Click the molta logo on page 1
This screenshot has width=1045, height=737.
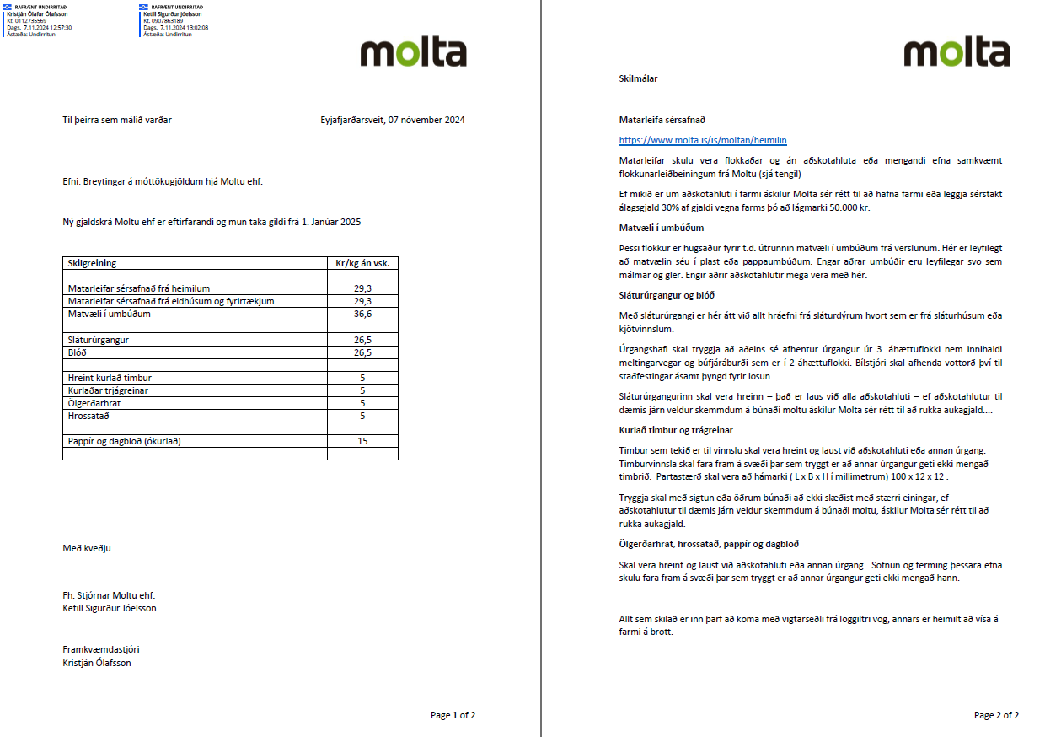[x=413, y=53]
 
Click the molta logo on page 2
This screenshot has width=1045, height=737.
[x=957, y=53]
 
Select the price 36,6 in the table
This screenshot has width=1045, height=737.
[x=362, y=314]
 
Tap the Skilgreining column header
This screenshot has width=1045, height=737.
[x=92, y=263]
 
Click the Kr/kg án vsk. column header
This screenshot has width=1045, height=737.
[x=362, y=263]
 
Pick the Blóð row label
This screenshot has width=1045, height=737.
[x=77, y=352]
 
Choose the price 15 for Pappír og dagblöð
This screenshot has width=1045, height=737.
[x=362, y=441]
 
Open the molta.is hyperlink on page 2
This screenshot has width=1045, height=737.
[x=703, y=140]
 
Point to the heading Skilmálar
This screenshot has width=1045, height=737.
[x=638, y=78]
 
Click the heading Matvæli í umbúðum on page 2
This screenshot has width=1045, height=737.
[x=661, y=228]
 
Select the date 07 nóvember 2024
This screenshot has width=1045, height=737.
[x=426, y=120]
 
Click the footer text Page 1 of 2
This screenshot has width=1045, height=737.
[x=453, y=715]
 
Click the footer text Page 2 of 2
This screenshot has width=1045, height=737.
[x=996, y=715]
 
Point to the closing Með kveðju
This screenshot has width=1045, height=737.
[x=87, y=548]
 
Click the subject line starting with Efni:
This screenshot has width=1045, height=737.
[x=169, y=181]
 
